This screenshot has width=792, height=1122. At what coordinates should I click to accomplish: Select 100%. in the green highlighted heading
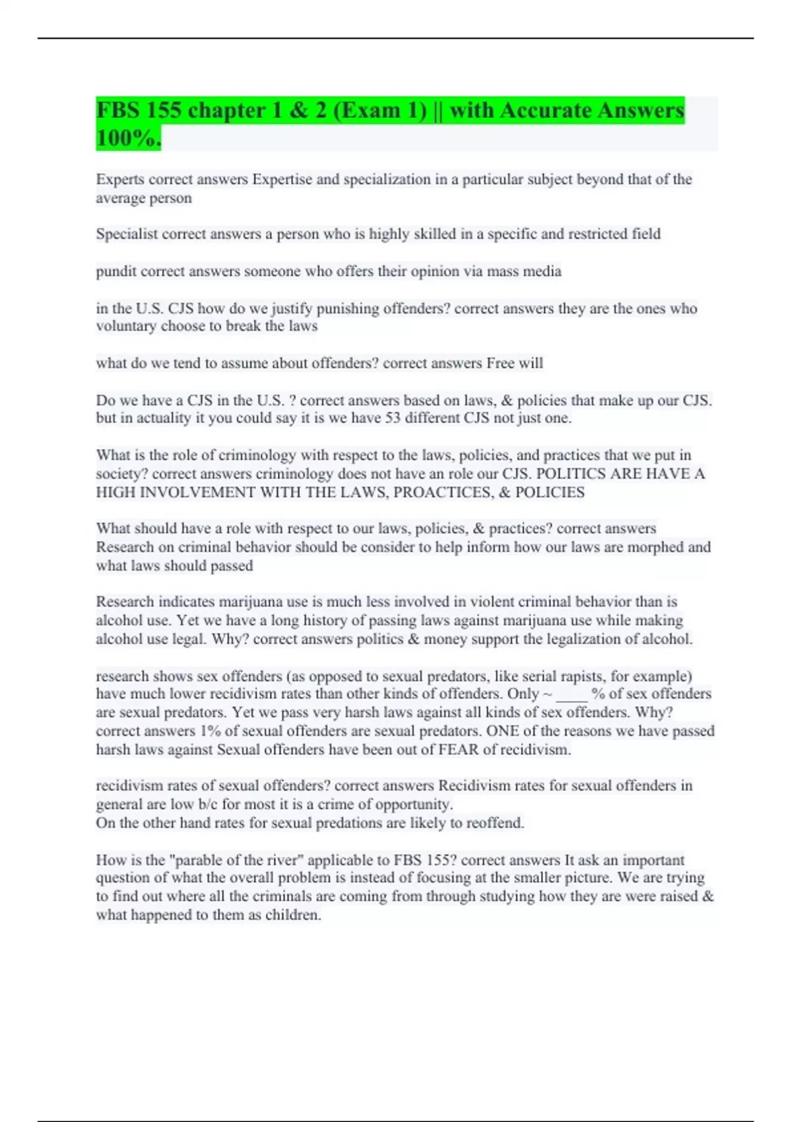tap(128, 139)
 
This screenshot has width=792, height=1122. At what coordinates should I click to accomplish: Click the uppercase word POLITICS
tap(572, 474)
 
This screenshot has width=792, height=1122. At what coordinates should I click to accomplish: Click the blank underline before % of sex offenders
tap(572, 694)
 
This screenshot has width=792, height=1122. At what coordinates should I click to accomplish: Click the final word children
tap(291, 915)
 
